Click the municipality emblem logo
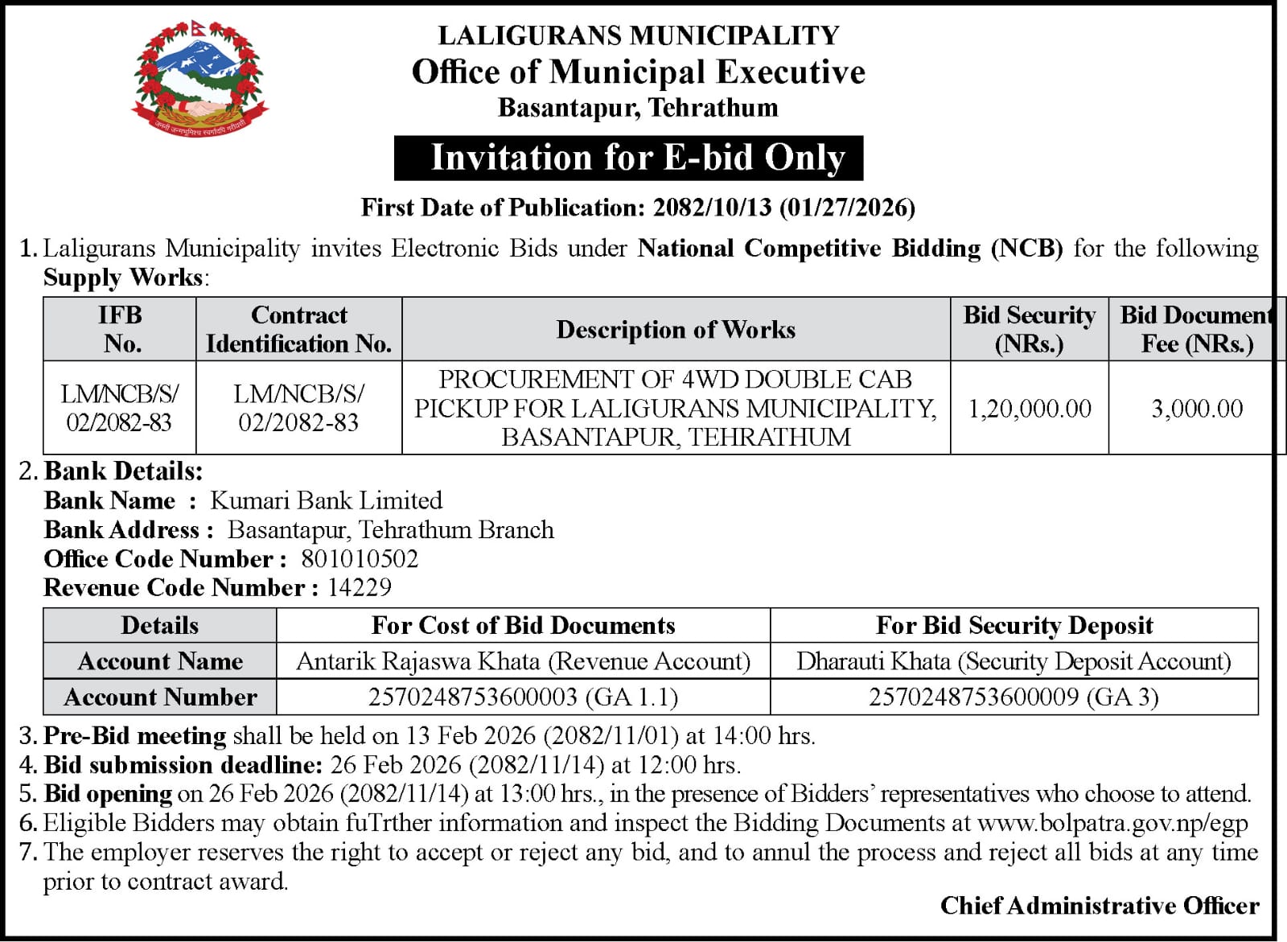point(199,78)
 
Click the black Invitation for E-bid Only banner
point(628,158)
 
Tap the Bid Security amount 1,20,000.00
point(1030,409)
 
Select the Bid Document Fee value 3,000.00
point(1196,409)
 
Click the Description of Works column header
point(676,329)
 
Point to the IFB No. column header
point(121,329)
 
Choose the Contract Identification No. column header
point(298,329)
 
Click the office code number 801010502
point(360,559)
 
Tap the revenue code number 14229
point(360,588)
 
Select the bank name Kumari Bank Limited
point(326,500)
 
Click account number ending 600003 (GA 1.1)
point(523,697)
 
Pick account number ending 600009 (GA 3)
point(1014,697)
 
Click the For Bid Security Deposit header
point(1014,625)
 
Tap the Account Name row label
point(160,661)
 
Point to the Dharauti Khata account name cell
point(1014,661)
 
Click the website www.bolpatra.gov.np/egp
point(1112,823)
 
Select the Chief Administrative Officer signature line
point(1100,906)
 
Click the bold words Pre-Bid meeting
point(135,735)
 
